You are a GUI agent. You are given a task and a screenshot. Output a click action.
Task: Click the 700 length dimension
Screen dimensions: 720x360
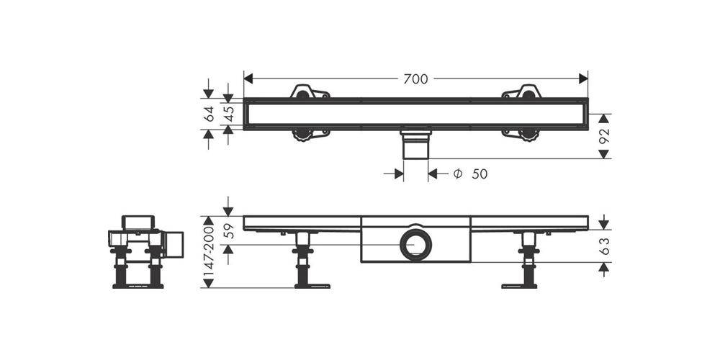tap(415, 79)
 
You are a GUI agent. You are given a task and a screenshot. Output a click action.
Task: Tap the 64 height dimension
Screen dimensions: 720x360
tap(209, 114)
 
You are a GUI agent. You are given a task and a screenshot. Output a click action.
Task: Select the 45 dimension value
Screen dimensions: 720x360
tap(229, 114)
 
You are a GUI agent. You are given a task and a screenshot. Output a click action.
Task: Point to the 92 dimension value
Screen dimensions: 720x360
tap(604, 136)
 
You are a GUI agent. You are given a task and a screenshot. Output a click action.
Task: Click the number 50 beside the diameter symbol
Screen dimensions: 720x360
tap(480, 174)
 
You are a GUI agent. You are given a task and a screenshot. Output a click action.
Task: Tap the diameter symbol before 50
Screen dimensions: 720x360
tap(457, 174)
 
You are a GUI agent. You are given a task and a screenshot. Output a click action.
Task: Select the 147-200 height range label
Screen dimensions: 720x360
tap(209, 251)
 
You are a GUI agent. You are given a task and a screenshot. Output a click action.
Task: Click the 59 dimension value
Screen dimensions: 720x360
tap(229, 230)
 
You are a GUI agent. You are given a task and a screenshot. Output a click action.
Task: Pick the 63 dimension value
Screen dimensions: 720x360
tap(604, 246)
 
